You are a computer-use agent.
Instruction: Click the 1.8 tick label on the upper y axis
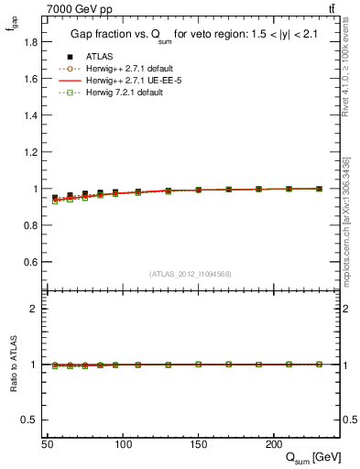click(31, 42)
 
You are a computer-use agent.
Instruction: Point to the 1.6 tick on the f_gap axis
click(31, 79)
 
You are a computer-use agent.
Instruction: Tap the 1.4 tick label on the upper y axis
click(31, 115)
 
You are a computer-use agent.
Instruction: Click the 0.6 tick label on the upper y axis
click(31, 262)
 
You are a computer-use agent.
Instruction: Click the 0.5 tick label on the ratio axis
click(31, 420)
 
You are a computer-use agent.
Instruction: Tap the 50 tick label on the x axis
click(48, 444)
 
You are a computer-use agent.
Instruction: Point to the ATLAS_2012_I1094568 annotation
click(191, 273)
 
